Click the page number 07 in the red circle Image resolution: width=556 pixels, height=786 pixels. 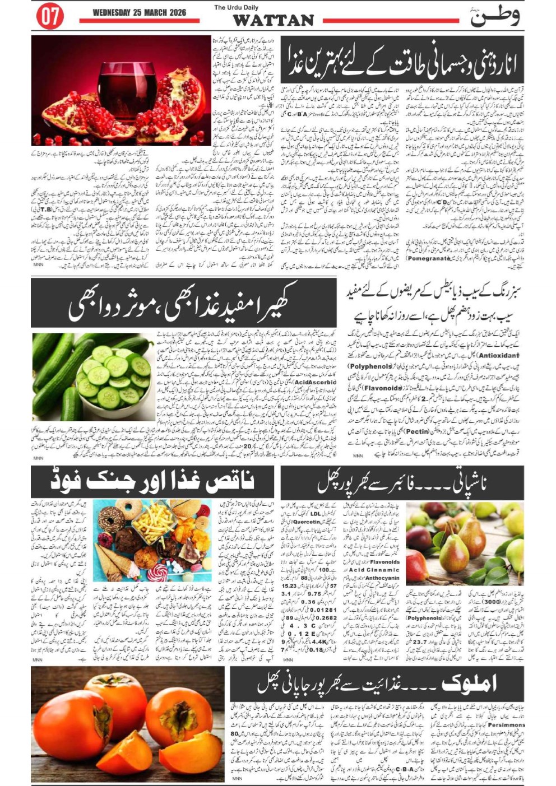point(49,17)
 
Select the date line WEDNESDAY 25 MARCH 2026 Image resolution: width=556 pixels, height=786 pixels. point(139,12)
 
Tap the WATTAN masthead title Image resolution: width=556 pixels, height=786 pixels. point(273,21)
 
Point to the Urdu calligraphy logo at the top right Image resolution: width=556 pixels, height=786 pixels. point(494,16)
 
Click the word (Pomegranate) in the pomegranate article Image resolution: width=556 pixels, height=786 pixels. point(429,258)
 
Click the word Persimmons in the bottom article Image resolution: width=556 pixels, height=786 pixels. point(507,724)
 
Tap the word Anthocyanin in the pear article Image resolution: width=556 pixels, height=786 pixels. point(382,578)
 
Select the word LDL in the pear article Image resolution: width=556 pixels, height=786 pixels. point(316,513)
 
